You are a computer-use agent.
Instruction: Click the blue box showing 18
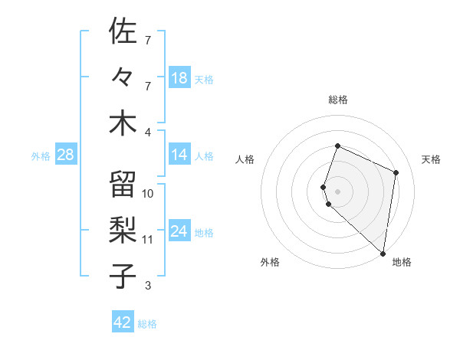click(179, 77)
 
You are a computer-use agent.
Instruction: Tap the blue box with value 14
click(179, 155)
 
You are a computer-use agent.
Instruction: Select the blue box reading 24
click(179, 231)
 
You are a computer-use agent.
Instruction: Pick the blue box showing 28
click(66, 155)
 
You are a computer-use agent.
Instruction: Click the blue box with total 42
click(123, 322)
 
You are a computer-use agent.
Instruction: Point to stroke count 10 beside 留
click(148, 193)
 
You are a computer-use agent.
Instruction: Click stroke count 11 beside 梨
click(148, 240)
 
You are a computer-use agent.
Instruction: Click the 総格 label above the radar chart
click(337, 100)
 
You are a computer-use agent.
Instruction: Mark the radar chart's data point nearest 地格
click(383, 254)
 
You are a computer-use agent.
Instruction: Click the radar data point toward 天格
click(396, 172)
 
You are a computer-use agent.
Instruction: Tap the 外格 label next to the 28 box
click(41, 155)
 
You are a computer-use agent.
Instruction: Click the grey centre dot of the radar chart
click(337, 191)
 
